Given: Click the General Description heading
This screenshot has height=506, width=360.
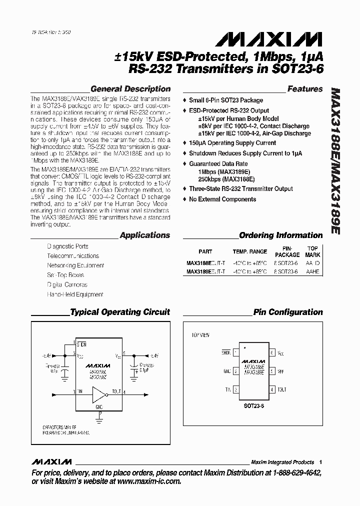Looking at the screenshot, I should pyautogui.click(x=130, y=89).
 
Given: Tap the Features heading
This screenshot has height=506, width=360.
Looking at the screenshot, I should pyautogui.click(x=305, y=89).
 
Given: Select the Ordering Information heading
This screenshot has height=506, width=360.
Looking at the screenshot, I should pyautogui.click(x=281, y=235).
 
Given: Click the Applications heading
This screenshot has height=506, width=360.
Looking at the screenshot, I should pyautogui.click(x=145, y=235).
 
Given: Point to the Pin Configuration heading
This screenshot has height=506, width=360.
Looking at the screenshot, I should pyautogui.click(x=288, y=312).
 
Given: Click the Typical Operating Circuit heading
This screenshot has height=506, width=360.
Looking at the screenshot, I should pyautogui.click(x=120, y=312).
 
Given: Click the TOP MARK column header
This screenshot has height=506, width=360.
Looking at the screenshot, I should pyautogui.click(x=312, y=251).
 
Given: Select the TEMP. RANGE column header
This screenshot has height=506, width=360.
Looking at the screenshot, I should pyautogui.click(x=249, y=252).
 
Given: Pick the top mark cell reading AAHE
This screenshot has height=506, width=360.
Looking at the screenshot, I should pyautogui.click(x=312, y=271).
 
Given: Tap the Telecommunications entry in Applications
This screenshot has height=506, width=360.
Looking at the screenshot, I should pyautogui.click(x=72, y=256).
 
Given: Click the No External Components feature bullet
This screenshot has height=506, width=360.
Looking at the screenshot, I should pyautogui.click(x=222, y=199).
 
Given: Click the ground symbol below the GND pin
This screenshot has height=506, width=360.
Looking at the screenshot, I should pyautogui.click(x=100, y=414).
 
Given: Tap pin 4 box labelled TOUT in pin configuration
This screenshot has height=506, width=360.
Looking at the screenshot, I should pyautogui.click(x=272, y=389).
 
